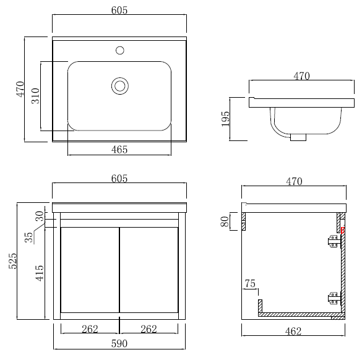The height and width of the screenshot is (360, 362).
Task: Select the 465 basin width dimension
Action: point(119,150)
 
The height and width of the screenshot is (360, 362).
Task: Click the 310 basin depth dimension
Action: point(35,96)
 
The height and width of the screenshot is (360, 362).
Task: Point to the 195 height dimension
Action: point(226,119)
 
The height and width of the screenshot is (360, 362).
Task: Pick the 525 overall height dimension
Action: point(13,261)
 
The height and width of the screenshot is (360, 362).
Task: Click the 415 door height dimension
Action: point(40,273)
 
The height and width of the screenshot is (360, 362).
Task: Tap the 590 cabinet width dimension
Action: point(119,344)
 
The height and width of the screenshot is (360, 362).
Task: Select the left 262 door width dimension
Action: point(90,329)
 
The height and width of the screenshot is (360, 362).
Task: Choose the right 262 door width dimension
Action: point(149,329)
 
